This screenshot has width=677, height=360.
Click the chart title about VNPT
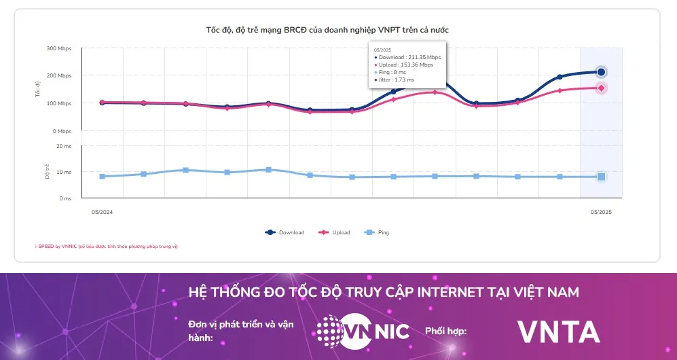point(327,30)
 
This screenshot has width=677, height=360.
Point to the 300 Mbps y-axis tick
point(60,49)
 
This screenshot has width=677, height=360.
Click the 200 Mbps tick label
point(60,76)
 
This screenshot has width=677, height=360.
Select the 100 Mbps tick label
point(60,103)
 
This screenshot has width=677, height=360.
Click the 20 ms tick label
point(64,146)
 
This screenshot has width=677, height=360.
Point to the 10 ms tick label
point(64,172)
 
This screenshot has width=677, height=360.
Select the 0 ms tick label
point(65,198)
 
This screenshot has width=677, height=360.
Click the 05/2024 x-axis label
point(102,212)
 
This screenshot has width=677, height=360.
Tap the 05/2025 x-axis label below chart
point(601,212)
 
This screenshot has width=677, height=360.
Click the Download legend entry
point(285,232)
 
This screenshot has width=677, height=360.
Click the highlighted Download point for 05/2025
point(601,72)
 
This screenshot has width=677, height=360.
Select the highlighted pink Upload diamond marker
point(601,88)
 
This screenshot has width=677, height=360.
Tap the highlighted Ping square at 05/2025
point(601,177)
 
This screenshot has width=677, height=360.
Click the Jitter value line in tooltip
point(395,79)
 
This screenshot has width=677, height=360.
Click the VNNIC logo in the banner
point(363,331)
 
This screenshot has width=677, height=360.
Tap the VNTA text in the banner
point(558,331)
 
